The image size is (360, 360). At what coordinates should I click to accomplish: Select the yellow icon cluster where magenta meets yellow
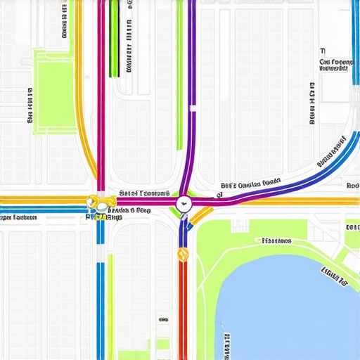(99, 205)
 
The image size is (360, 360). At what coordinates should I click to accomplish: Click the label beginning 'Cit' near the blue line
(336, 62)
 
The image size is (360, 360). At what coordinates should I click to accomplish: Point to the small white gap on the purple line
(192, 108)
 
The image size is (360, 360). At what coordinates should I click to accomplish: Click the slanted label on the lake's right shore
(334, 276)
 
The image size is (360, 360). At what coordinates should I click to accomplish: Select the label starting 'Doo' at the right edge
(352, 186)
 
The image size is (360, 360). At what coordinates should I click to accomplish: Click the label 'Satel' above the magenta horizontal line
(144, 193)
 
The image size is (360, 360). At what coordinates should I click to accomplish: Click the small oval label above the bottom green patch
(164, 319)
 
